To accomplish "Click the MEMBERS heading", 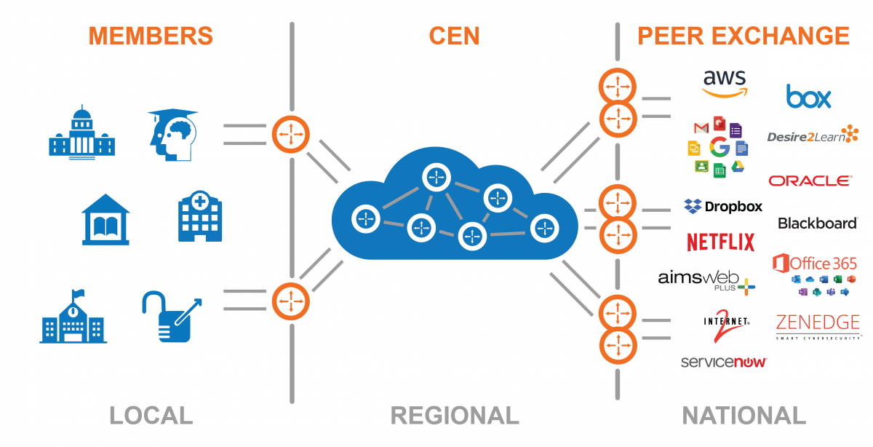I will (151, 36).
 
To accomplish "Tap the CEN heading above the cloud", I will (454, 36).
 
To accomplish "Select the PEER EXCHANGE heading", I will (743, 36).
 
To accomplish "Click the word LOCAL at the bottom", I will (151, 416).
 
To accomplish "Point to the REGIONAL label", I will (455, 416).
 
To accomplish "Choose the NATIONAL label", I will (744, 416).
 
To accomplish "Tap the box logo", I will (808, 96).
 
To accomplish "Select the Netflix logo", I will (720, 242).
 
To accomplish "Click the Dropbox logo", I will (723, 207).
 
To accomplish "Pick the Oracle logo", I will (810, 181).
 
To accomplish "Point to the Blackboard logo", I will (817, 223).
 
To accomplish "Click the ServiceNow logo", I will (724, 362).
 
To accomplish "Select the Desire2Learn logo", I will (812, 135).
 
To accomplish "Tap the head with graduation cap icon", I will (172, 135).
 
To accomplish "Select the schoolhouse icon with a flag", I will (73, 317).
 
